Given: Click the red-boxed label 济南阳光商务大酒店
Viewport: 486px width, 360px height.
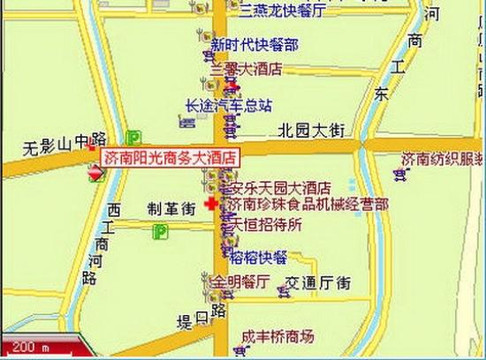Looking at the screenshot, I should point(170,158).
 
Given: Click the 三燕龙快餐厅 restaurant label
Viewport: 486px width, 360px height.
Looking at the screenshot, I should point(283,12).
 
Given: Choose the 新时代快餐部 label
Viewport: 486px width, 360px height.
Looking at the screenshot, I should point(253,45).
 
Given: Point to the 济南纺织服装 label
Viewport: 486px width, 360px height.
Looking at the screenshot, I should point(442,159).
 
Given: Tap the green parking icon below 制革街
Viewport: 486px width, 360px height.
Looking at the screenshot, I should point(159,232).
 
